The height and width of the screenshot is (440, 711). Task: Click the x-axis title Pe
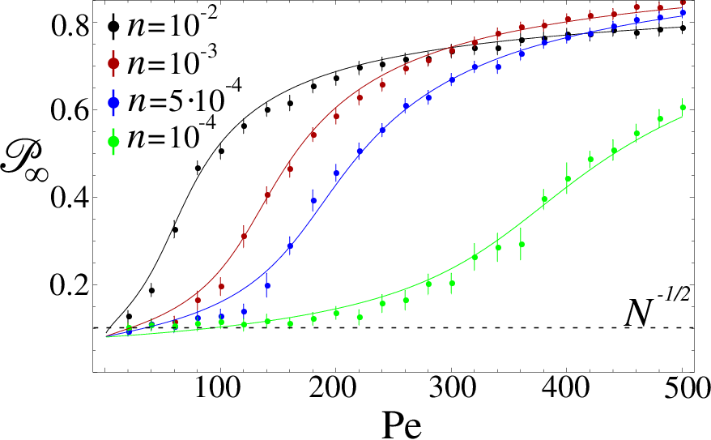coord(402,425)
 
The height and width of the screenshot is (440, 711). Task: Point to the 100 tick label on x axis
coord(220,389)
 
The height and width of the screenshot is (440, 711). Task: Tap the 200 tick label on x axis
coord(335,389)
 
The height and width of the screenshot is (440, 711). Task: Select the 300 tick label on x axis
coord(451,389)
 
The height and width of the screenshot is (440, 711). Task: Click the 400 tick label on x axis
coord(566,389)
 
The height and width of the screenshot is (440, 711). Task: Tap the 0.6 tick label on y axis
coord(68,111)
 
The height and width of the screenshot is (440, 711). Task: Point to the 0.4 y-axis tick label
coord(68,199)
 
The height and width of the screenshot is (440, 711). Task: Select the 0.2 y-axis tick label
coord(68,286)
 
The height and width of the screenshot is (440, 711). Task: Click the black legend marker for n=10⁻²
coord(113,26)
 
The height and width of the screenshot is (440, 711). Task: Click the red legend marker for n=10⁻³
coord(113,64)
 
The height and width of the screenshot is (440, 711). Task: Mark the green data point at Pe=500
coord(683,108)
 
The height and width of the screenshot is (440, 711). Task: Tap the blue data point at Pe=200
coord(336,173)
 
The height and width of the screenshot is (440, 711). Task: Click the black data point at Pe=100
coord(221,151)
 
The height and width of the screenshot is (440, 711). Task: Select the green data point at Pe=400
coord(568,179)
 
